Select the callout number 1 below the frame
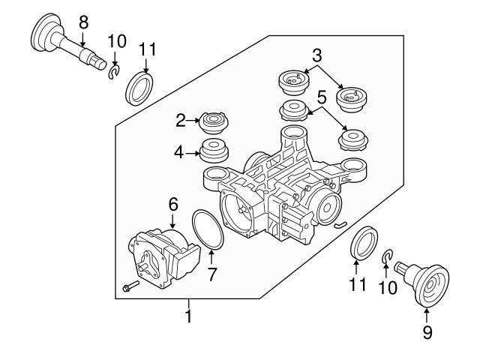pyautogui.click(x=188, y=316)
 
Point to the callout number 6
pyautogui.click(x=173, y=202)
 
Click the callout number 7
pyautogui.click(x=212, y=274)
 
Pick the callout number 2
pyautogui.click(x=181, y=121)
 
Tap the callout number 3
pyautogui.click(x=317, y=55)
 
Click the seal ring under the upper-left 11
pyautogui.click(x=139, y=88)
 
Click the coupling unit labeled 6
pyautogui.click(x=161, y=256)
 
